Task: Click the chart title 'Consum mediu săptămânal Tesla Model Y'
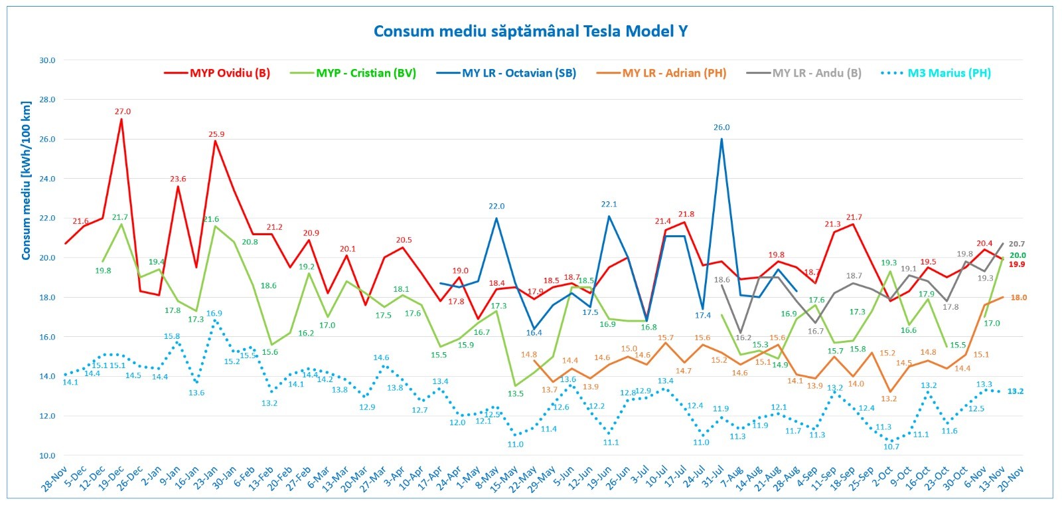click(530, 31)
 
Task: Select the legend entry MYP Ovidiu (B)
click(230, 73)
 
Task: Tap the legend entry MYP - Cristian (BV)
click(366, 73)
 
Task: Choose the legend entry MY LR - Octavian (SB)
click(518, 73)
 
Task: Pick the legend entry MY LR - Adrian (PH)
click(674, 73)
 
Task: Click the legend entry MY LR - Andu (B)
click(816, 73)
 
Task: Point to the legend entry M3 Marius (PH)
click(948, 73)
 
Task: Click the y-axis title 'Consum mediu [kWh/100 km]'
click(26, 181)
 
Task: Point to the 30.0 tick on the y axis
click(47, 60)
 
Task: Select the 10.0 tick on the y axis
click(47, 456)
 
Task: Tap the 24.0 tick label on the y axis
click(47, 179)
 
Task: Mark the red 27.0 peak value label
click(123, 112)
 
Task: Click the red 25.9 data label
click(216, 134)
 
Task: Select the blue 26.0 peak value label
click(721, 128)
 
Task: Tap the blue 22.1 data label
click(609, 205)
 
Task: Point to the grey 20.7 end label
click(1017, 245)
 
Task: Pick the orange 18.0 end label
click(1018, 298)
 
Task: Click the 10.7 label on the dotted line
click(891, 447)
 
